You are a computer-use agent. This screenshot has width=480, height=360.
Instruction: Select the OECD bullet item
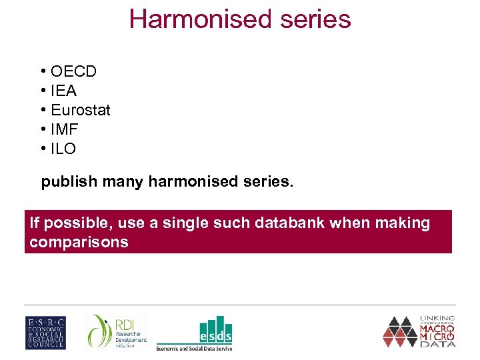click(x=73, y=71)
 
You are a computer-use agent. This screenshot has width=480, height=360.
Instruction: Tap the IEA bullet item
click(x=63, y=91)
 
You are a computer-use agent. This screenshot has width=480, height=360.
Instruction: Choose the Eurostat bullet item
click(x=80, y=110)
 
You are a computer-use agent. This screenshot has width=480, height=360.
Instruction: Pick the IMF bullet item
click(x=64, y=129)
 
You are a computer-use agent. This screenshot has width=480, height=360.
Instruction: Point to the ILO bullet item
click(x=63, y=149)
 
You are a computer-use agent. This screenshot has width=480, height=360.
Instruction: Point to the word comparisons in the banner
click(x=79, y=242)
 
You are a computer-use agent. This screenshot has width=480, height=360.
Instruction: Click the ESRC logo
click(x=45, y=332)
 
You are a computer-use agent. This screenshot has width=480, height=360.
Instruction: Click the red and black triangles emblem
click(x=399, y=331)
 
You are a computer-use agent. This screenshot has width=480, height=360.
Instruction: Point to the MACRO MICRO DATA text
click(x=437, y=332)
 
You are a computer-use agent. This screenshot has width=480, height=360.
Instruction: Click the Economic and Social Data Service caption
click(x=194, y=347)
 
